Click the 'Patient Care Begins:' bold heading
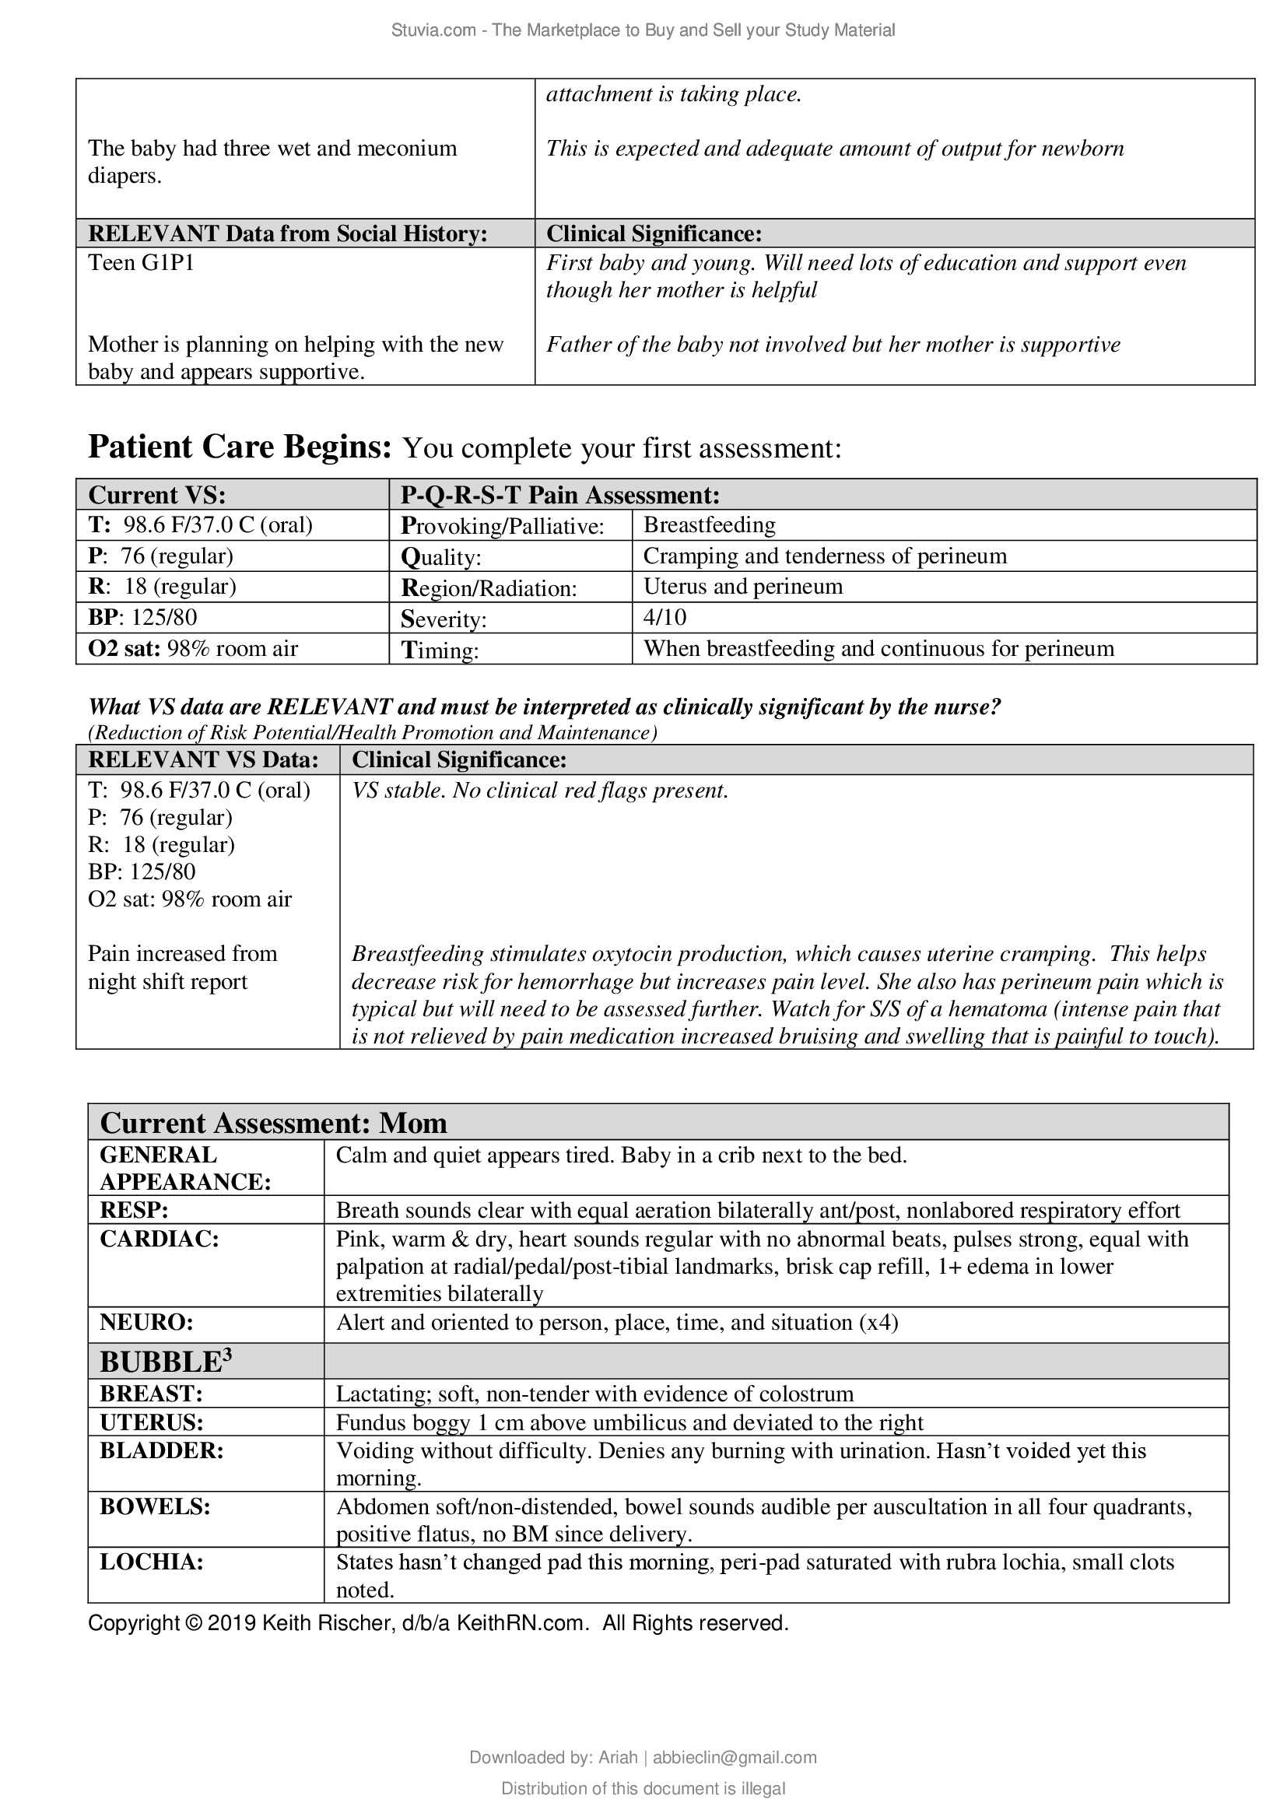240,448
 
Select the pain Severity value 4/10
664,618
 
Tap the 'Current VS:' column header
157,496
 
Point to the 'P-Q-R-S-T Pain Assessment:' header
559,496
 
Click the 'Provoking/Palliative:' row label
503,525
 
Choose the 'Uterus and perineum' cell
742,587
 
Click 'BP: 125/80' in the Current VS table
142,618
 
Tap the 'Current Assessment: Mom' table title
272,1124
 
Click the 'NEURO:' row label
146,1322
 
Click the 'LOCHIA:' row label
152,1562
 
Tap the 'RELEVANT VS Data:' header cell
203,760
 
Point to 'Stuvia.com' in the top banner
433,30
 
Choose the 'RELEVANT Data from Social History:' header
287,234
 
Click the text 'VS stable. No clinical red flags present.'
540,791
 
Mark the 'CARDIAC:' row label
160,1239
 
